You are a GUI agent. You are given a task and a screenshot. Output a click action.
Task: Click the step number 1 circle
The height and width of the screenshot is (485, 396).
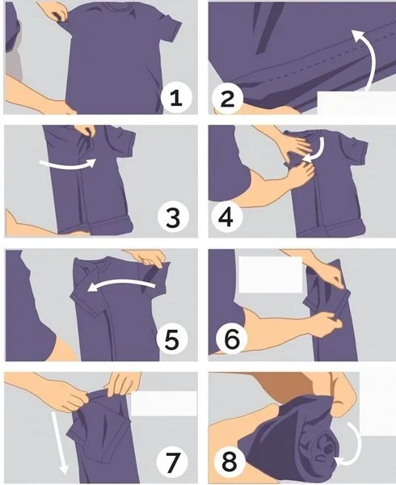(x=176, y=98)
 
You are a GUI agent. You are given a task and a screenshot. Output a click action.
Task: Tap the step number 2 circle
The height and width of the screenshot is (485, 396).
(x=227, y=99)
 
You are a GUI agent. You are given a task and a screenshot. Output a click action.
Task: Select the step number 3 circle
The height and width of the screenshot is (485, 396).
(x=173, y=217)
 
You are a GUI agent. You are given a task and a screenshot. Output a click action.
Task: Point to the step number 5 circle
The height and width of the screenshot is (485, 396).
(x=172, y=339)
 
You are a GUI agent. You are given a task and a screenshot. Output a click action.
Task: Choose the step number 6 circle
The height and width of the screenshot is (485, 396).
(x=232, y=339)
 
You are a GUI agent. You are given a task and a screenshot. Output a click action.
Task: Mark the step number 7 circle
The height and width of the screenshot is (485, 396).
(x=172, y=462)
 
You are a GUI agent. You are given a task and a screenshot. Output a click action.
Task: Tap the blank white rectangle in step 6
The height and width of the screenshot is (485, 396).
(x=271, y=274)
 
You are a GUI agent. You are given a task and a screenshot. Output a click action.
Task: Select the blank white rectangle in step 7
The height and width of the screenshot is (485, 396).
(x=164, y=403)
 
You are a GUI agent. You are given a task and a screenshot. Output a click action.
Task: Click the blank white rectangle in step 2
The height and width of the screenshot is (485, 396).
(x=356, y=103)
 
